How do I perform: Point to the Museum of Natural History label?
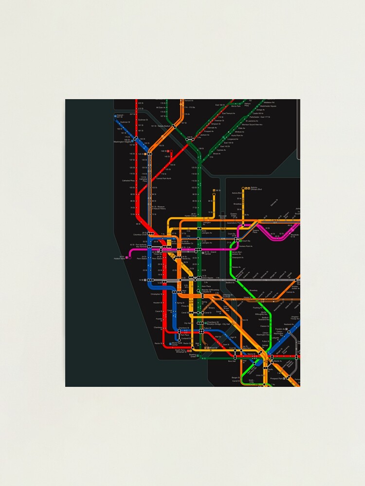coord(159,208)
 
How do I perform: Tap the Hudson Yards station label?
coord(120,258)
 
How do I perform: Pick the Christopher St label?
coord(143,295)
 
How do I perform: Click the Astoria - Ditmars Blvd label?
coord(256,189)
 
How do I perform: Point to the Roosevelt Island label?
coord(222,217)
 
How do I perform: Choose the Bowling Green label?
coord(193,356)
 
